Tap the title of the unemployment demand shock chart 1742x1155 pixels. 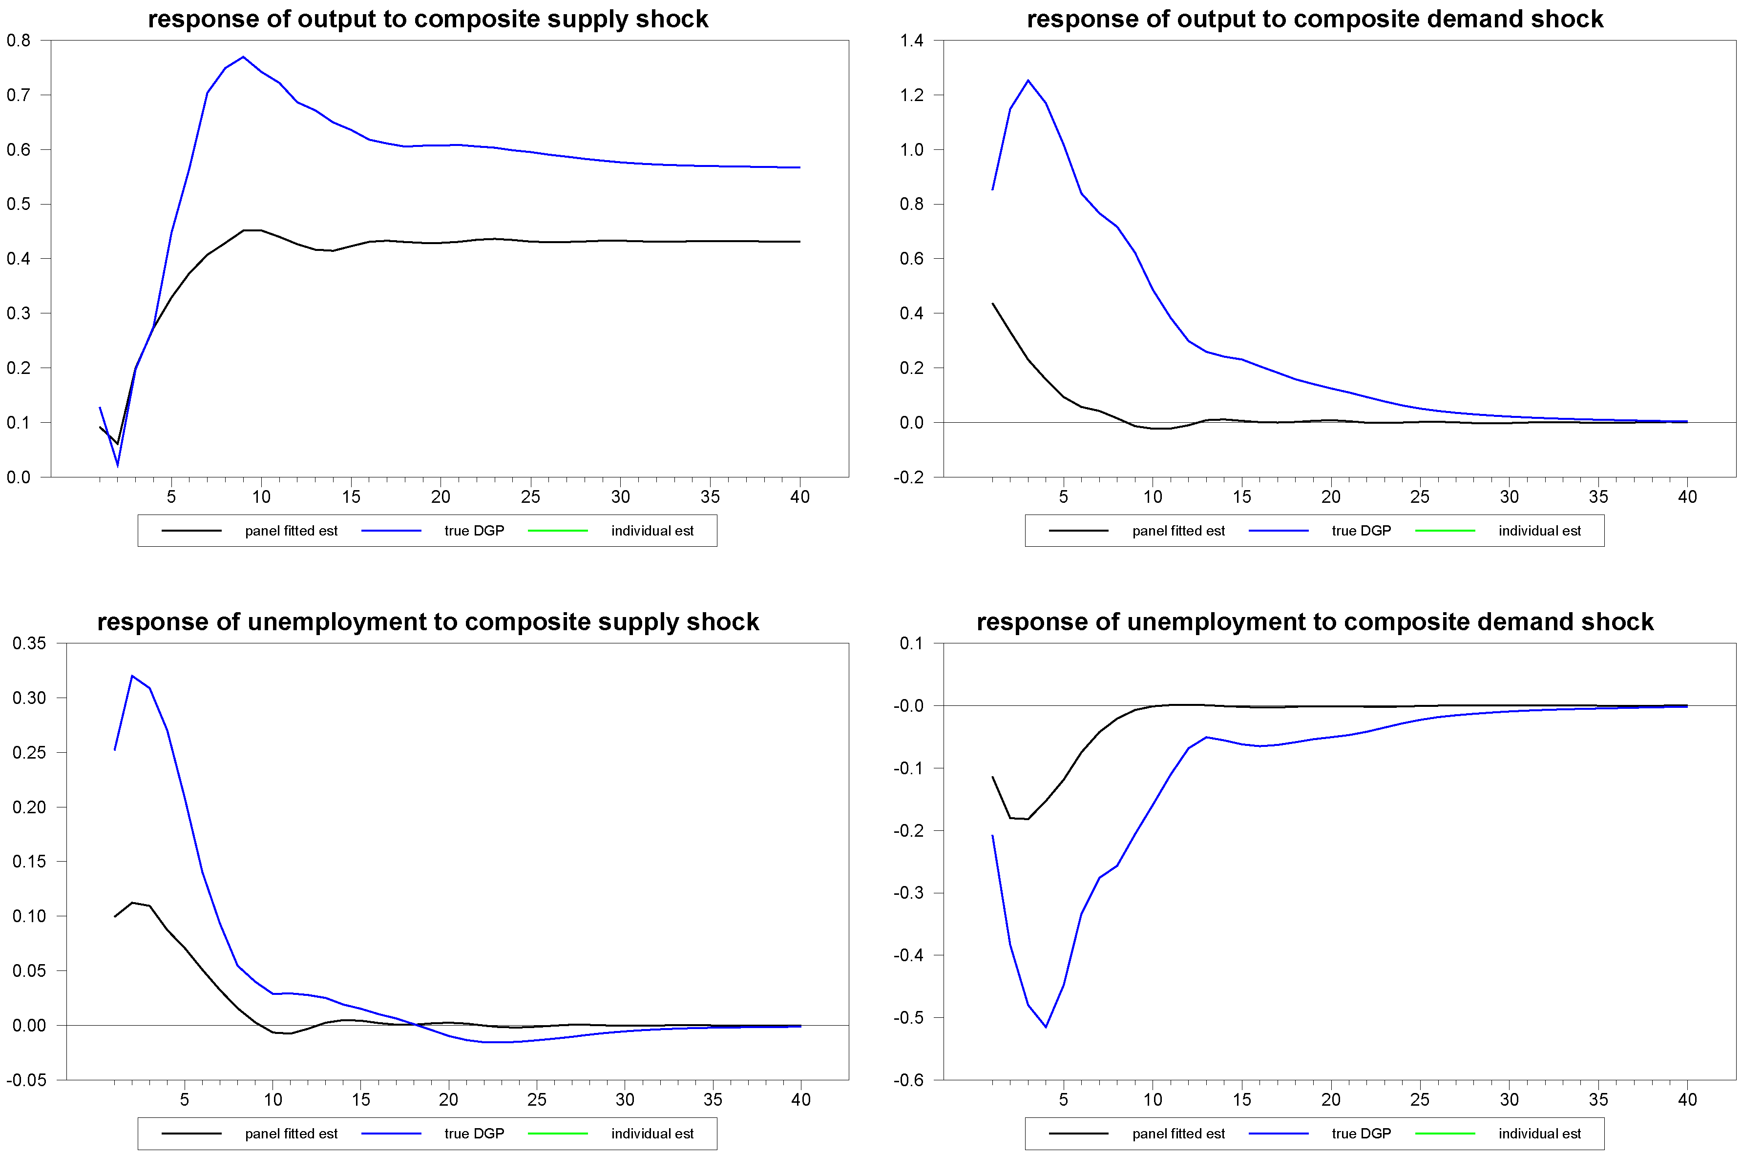[1315, 622]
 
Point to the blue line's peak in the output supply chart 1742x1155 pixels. [243, 57]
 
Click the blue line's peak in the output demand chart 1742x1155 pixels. [1028, 80]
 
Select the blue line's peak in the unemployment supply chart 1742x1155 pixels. [132, 676]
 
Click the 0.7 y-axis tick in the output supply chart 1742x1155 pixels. [19, 95]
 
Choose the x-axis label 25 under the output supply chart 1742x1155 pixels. [530, 497]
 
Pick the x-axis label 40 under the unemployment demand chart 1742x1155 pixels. [1687, 1100]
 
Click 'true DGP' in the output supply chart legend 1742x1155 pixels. [474, 531]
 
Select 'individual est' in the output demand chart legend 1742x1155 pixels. [1539, 531]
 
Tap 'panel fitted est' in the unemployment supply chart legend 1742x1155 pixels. [291, 1134]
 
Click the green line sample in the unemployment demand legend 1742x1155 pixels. [1445, 1134]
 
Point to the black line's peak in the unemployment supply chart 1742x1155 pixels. [132, 902]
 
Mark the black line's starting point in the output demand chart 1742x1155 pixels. [992, 304]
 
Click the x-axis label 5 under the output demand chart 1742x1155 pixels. [1063, 497]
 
